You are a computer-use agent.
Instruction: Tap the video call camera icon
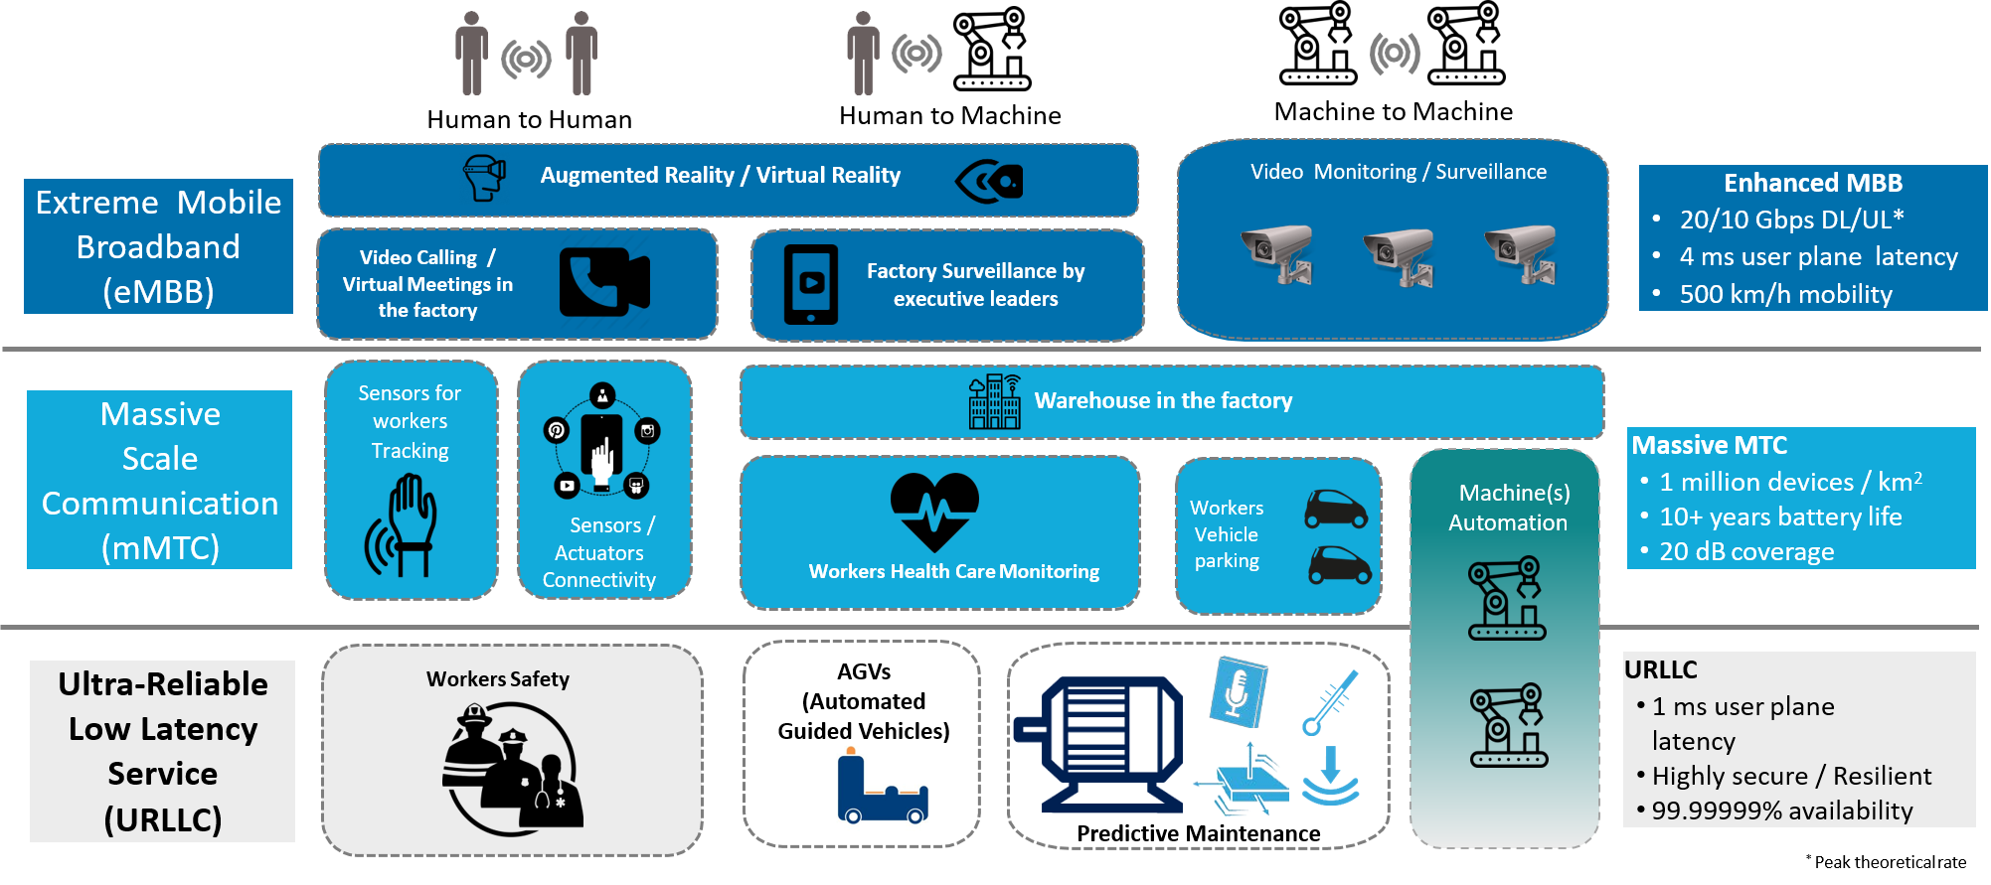coord(603,282)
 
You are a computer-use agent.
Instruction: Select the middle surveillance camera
coord(1399,255)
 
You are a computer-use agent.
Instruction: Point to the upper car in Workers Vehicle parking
coord(1335,510)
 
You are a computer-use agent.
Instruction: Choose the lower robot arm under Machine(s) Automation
coord(1509,726)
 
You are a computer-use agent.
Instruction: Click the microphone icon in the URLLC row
coord(1238,692)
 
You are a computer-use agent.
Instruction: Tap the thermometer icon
coord(1330,702)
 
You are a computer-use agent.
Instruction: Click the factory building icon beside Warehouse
coord(995,402)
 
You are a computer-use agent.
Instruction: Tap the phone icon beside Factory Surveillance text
coord(811,285)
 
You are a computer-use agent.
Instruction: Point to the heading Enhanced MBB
coord(1812,183)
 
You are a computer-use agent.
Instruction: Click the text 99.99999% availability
coord(1781,811)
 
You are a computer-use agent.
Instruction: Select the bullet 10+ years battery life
coord(1780,516)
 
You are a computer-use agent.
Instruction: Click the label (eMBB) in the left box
coord(158,291)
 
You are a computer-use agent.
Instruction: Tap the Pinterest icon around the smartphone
coord(557,430)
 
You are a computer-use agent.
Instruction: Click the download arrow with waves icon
coord(1330,776)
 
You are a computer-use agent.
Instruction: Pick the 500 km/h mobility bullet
coord(1785,294)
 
